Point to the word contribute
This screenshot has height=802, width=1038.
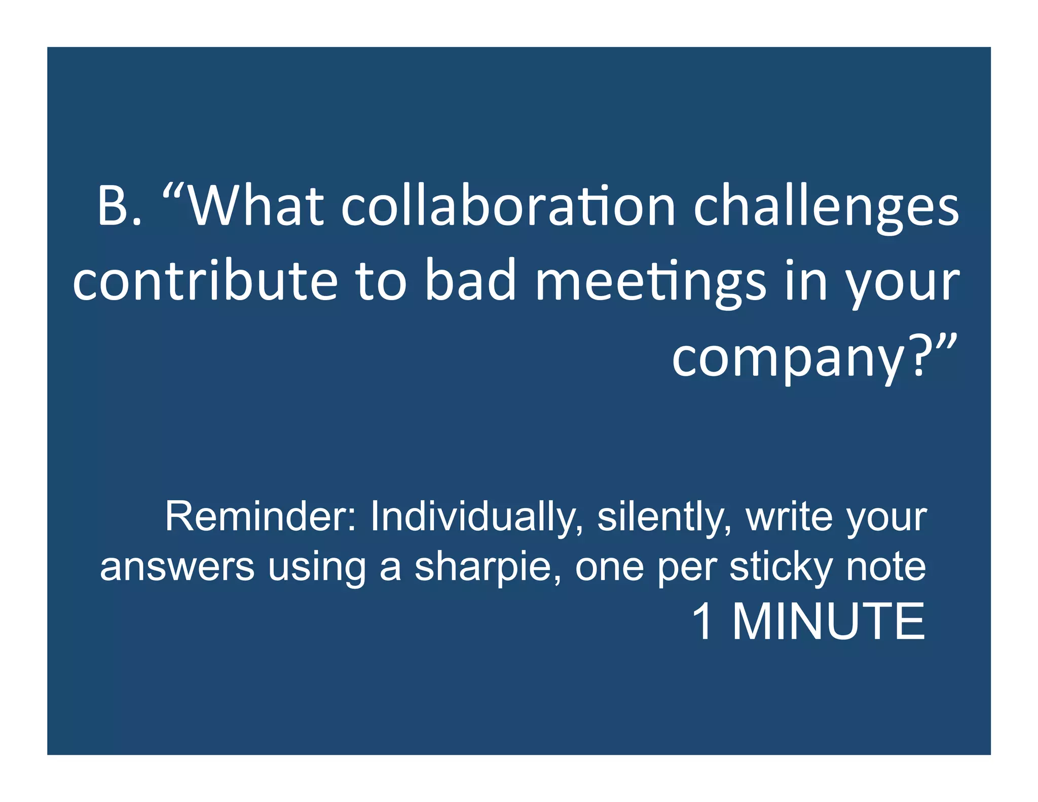[x=205, y=281]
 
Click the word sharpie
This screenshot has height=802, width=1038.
[x=487, y=568]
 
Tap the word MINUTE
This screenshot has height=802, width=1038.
[x=829, y=622]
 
